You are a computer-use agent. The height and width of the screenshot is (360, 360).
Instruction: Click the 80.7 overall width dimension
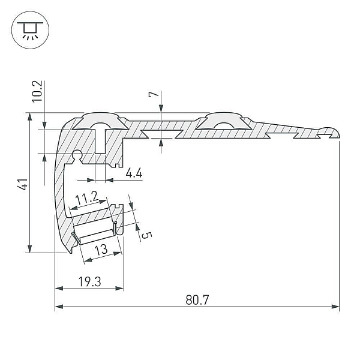coord(197,300)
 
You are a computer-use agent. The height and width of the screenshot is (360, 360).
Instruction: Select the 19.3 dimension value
coord(89,282)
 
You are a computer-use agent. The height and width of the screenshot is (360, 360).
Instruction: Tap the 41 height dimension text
coord(23,184)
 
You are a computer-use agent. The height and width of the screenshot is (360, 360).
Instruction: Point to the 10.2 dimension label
coord(37,91)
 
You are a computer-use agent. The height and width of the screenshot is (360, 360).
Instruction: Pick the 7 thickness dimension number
coord(154,94)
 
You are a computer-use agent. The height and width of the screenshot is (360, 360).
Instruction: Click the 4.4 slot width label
coord(134,173)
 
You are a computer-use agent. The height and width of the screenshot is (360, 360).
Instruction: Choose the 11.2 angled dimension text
coord(87,198)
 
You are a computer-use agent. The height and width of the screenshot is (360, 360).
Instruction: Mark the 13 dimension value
coord(101,250)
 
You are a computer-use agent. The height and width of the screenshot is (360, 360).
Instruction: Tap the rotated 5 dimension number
coord(147,235)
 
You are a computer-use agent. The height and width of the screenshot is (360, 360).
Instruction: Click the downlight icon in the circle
coord(30,30)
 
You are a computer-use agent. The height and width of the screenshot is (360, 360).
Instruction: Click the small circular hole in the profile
coord(77,154)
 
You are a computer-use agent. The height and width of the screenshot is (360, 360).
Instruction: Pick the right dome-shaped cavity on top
coord(223,121)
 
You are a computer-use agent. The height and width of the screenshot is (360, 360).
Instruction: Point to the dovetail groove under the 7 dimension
coord(162,134)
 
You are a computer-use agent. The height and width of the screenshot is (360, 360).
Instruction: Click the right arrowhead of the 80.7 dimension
coord(335,307)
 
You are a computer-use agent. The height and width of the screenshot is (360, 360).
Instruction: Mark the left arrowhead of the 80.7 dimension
coord(59,307)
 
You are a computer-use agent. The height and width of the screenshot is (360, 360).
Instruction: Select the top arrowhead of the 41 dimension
coord(29,117)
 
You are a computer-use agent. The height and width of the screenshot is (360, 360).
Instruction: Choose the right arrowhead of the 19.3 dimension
coord(119,289)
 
